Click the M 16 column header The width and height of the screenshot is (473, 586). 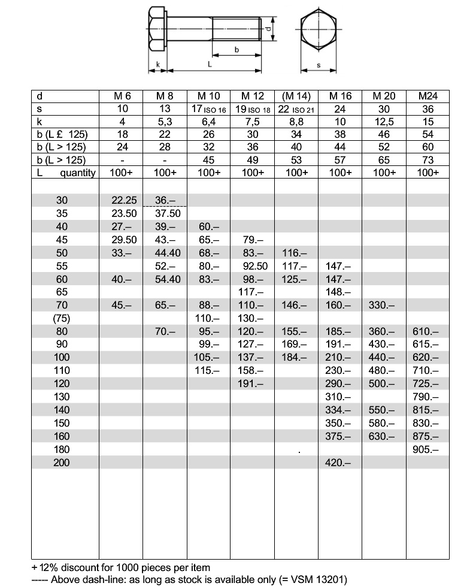tap(340, 96)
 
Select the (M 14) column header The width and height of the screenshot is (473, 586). tap(296, 96)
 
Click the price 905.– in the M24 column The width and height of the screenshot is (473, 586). tap(426, 449)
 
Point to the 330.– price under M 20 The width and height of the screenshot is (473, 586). tap(383, 305)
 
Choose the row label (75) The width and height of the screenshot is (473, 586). tap(62, 318)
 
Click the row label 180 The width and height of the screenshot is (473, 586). tap(62, 449)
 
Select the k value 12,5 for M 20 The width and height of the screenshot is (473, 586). tap(384, 122)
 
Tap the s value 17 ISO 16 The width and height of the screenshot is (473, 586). tap(208, 109)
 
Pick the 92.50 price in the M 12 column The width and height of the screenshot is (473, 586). tap(252, 266)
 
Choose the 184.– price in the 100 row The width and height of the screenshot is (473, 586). tap(296, 357)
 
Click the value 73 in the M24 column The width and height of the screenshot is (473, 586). tap(427, 160)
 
